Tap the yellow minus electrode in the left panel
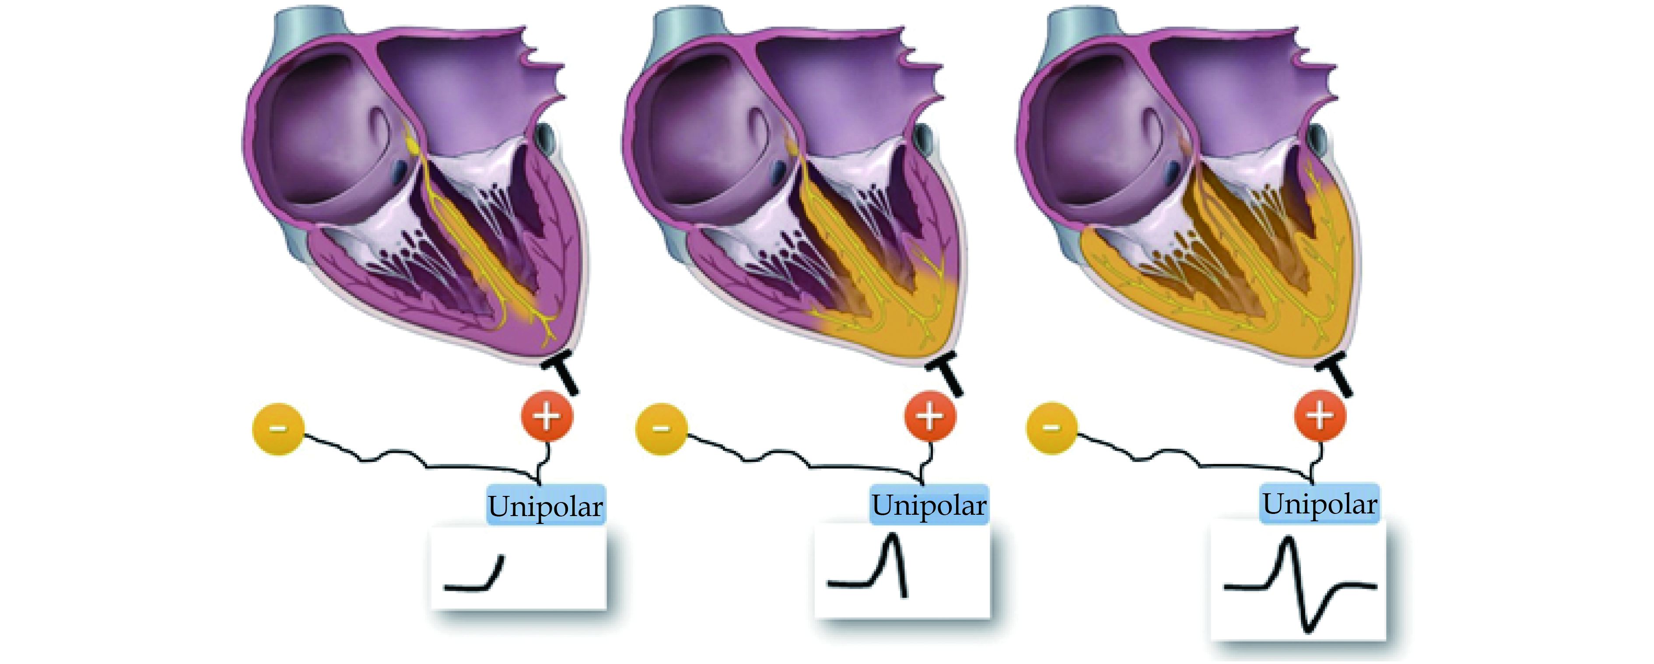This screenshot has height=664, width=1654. [278, 429]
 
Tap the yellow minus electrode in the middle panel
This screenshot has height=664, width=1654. [661, 429]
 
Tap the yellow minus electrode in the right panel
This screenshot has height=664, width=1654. [1052, 427]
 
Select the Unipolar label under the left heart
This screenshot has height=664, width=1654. [546, 506]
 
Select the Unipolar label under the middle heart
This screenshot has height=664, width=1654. [929, 505]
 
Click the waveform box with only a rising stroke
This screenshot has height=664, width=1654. [518, 568]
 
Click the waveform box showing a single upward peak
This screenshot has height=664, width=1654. [902, 571]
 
